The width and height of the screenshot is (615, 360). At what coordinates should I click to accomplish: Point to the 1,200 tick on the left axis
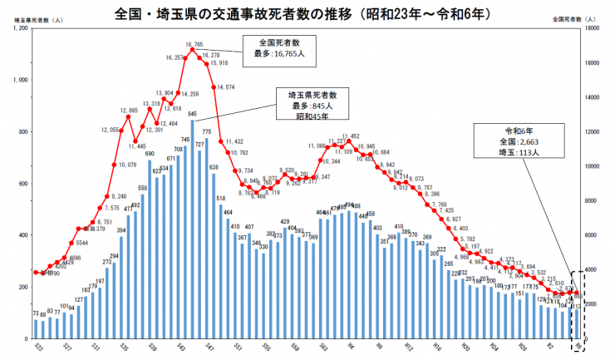(x=21, y=28)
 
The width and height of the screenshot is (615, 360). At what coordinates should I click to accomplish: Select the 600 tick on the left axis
(x=22, y=184)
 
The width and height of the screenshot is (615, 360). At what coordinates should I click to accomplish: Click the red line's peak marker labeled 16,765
(x=193, y=50)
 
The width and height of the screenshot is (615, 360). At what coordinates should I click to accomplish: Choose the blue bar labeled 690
(x=150, y=245)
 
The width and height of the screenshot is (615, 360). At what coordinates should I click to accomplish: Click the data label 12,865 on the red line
(x=129, y=111)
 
